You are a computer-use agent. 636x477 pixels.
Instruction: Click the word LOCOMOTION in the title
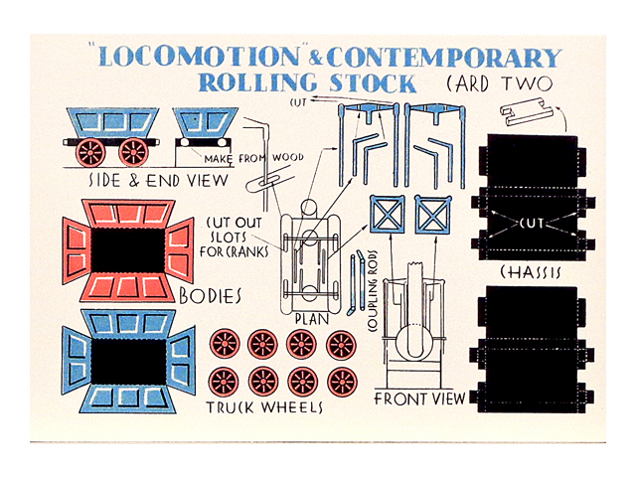[x=199, y=57]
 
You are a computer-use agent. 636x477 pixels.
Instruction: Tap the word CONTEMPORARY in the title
[x=444, y=58]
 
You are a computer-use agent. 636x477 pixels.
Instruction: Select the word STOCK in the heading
[x=373, y=83]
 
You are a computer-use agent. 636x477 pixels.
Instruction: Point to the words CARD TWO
[x=499, y=83]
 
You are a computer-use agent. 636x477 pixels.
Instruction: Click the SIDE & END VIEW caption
[x=158, y=181]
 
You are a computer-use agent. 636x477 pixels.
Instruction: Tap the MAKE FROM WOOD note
[x=253, y=158]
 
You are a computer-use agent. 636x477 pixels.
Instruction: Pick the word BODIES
[x=210, y=296]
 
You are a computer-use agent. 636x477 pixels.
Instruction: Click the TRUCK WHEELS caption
[x=264, y=407]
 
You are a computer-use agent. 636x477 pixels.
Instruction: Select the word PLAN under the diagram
[x=311, y=319]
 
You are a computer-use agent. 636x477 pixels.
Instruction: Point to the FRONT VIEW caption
[x=419, y=398]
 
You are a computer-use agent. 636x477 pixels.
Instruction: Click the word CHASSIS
[x=531, y=272]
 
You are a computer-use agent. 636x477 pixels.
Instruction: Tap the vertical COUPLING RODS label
[x=373, y=291]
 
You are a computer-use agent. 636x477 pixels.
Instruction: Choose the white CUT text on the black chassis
[x=532, y=223]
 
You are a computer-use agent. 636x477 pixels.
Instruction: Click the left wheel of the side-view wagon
[x=90, y=152]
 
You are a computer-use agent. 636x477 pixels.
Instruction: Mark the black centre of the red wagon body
[x=128, y=250]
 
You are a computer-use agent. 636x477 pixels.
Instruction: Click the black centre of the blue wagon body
[x=128, y=361]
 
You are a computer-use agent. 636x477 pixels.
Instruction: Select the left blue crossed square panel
[x=387, y=215]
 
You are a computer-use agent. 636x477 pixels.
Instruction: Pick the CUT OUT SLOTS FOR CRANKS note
[x=235, y=238]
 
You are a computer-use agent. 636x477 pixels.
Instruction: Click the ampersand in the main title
[x=315, y=60]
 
